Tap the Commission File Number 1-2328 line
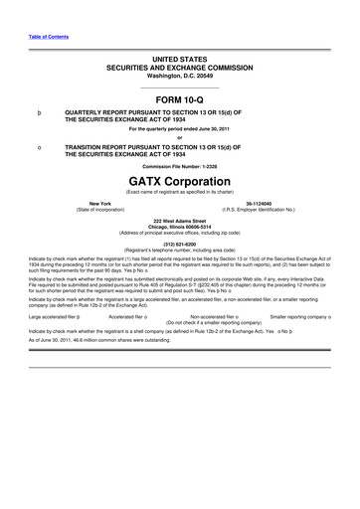tap(179, 165)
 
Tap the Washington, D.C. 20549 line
tap(179, 76)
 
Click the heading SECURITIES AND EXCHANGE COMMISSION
tap(179, 68)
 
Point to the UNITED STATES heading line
tap(179, 60)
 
